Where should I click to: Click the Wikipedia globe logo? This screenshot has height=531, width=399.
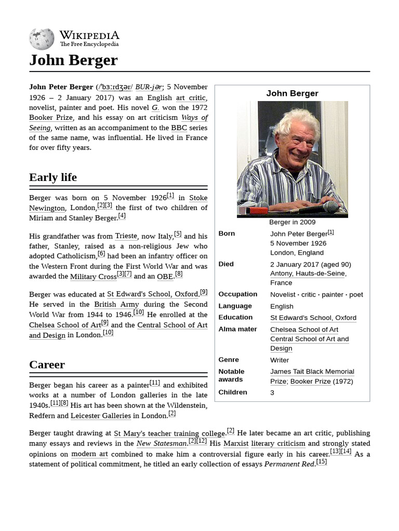pos(42,39)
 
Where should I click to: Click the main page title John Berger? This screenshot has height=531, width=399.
pos(73,60)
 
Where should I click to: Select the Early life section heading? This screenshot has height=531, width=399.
pos(53,177)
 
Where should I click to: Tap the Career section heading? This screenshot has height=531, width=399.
pos(47,365)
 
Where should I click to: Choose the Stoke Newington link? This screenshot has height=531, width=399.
pos(198,198)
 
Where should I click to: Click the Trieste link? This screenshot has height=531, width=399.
pos(126,236)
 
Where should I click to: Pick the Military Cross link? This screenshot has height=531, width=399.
pos(93,277)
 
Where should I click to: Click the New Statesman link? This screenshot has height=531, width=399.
pos(161,443)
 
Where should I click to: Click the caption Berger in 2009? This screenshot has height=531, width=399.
pos(292,222)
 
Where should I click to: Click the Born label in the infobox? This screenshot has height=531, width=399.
pos(227,233)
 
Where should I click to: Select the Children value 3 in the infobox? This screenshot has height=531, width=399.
pos(272,393)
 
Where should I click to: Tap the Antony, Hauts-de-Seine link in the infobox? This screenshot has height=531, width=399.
pos(308,273)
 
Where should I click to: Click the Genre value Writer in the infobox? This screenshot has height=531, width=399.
pos(280,360)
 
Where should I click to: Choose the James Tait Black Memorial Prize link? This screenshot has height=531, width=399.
pos(312,372)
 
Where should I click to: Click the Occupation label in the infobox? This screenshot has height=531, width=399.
pos(237,294)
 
